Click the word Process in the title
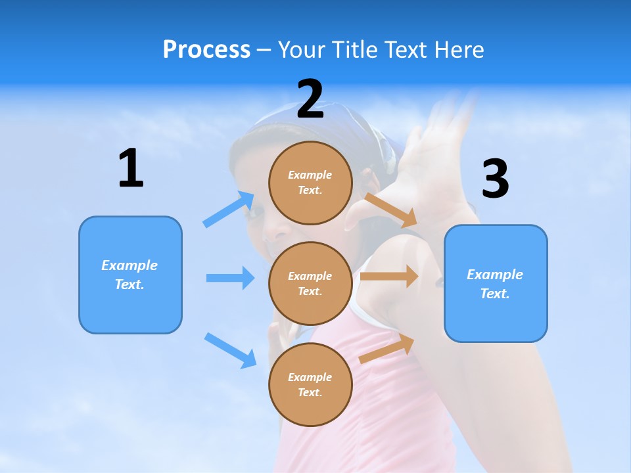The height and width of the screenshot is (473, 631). click(206, 50)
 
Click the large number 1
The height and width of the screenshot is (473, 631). click(131, 169)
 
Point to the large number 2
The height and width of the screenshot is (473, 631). click(310, 99)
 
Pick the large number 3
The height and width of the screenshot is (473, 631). click(495, 179)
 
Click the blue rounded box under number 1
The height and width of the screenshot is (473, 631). click(130, 275)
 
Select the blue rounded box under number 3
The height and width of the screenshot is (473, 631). click(496, 283)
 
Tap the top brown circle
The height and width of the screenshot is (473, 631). click(310, 183)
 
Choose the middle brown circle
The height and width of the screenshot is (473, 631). click(310, 283)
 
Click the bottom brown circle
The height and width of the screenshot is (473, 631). click(310, 384)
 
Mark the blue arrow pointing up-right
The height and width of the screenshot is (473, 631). click(229, 210)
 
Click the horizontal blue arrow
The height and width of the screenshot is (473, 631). click(230, 278)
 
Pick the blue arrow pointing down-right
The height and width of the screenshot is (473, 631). click(230, 350)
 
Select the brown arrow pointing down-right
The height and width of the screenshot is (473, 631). click(390, 209)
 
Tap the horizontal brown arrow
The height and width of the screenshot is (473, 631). click(389, 277)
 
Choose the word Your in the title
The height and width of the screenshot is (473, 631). click(300, 50)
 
